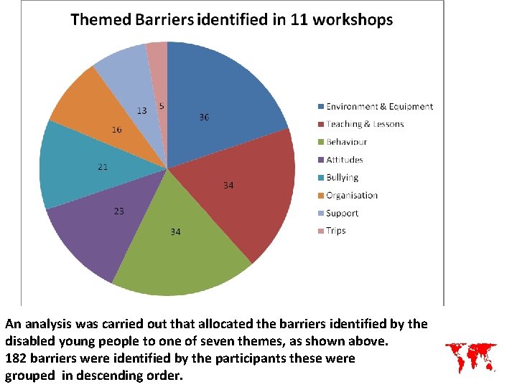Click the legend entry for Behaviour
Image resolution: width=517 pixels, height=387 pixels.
347,142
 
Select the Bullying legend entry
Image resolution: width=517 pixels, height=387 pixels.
342,178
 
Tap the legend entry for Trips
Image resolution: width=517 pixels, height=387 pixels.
336,231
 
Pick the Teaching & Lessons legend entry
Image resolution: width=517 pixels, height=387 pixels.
365,124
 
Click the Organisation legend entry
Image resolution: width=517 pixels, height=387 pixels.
351,196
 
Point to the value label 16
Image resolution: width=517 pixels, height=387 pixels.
116,130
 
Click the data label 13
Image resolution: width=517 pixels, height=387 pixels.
142,111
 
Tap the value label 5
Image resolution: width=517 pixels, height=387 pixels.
162,106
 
